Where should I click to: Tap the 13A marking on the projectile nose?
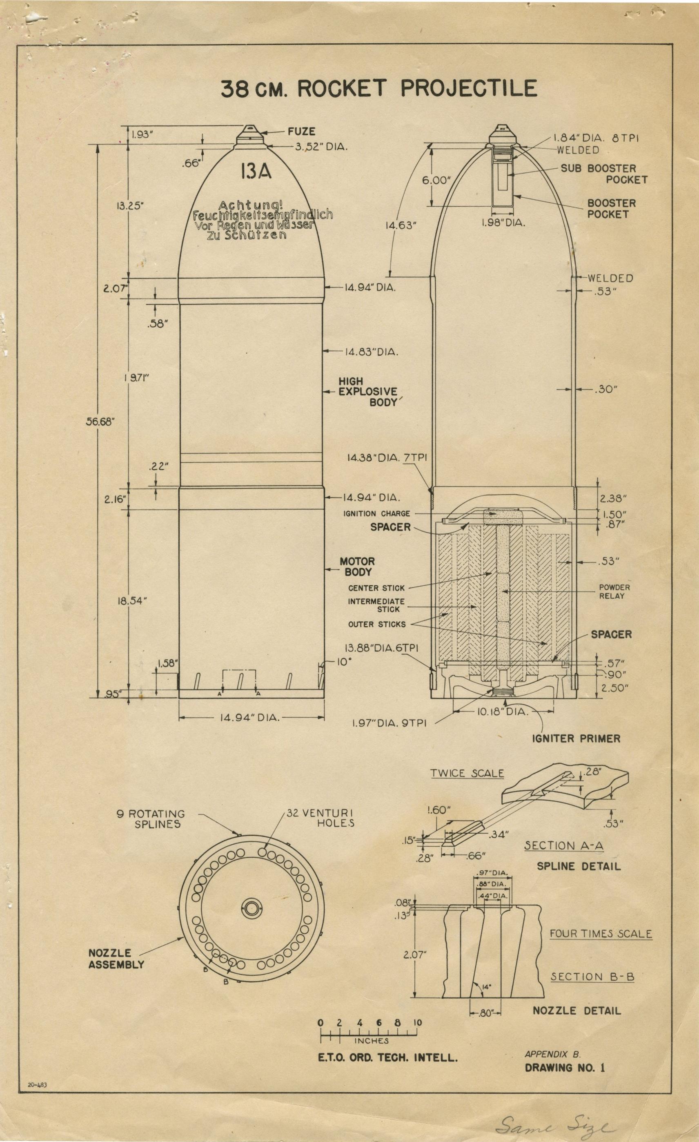[x=255, y=172]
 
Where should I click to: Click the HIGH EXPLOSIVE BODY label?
[x=368, y=392]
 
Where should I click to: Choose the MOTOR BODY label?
[x=357, y=567]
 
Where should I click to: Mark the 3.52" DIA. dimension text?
[x=321, y=147]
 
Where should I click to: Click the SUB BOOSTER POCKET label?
[x=603, y=174]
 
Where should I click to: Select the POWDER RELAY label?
[x=614, y=591]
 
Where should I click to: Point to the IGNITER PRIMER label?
[x=576, y=738]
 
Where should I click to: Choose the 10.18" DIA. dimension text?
[x=502, y=712]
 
